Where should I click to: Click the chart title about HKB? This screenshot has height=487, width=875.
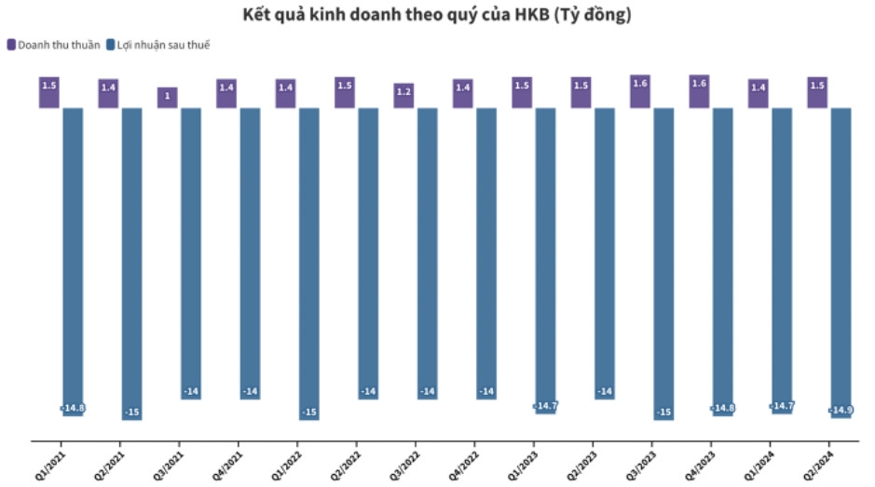(x=436, y=16)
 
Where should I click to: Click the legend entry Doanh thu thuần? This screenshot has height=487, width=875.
(x=58, y=45)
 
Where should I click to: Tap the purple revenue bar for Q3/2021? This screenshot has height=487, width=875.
(x=168, y=97)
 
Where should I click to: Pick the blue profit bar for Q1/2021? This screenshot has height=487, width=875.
(x=73, y=261)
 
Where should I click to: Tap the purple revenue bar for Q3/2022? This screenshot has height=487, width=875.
(x=403, y=95)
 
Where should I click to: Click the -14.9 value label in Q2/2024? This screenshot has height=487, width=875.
(x=841, y=411)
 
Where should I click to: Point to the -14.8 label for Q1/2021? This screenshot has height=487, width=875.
(x=73, y=408)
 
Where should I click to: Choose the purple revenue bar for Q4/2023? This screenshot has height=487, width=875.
(x=699, y=91)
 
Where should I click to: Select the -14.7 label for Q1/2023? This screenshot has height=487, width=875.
(x=546, y=406)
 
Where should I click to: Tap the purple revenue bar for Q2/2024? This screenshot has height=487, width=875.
(x=817, y=92)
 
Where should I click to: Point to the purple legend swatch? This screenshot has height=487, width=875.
(x=11, y=45)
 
